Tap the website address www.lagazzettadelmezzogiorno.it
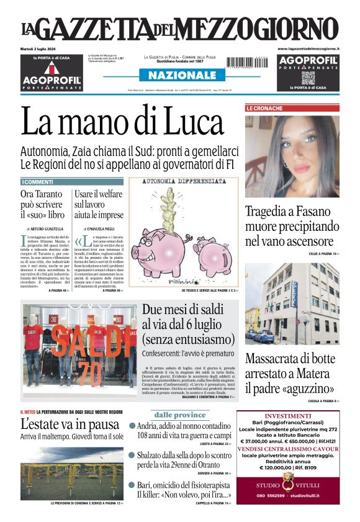(308, 48)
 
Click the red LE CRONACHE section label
(264, 108)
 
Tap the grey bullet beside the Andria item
(132, 426)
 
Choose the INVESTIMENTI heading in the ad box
(288, 416)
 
